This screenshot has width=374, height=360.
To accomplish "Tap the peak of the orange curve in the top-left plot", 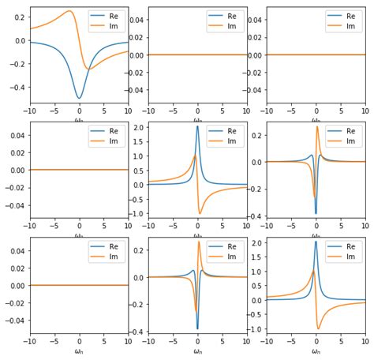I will pos(69,11).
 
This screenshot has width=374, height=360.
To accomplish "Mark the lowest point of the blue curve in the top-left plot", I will pos(79,98).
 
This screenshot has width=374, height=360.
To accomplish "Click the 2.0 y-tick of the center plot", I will pos(137,127).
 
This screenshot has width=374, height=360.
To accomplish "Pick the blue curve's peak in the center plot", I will pos(197,126).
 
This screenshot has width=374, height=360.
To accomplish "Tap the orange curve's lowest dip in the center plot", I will pos(200,213).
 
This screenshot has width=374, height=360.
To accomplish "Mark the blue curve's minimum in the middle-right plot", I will pos(316,213).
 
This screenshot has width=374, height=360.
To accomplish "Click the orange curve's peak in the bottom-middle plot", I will pos(199,242).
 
